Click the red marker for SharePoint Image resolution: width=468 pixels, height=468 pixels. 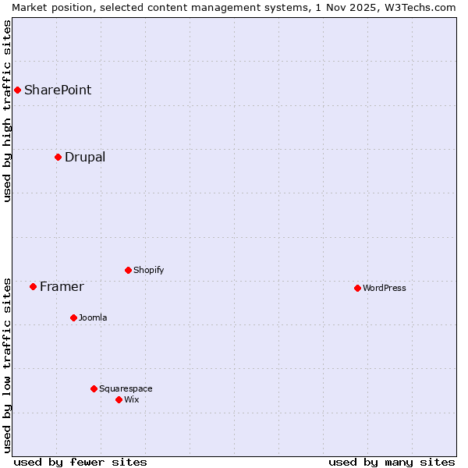[17, 90]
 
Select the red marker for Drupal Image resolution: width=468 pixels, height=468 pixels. [58, 157]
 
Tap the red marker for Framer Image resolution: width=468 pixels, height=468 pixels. [33, 286]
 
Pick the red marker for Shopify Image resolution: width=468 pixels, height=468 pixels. [128, 270]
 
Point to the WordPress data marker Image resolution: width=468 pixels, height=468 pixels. [357, 288]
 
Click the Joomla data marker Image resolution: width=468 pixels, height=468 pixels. [73, 317]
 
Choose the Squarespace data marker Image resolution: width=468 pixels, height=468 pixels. [94, 388]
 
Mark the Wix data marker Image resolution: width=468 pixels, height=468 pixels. [119, 399]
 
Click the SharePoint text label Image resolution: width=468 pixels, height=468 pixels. [58, 90]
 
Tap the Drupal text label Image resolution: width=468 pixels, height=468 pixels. [85, 157]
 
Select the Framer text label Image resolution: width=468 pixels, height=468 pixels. [62, 286]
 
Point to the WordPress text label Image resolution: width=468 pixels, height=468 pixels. [385, 288]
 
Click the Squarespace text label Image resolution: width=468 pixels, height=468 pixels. [126, 388]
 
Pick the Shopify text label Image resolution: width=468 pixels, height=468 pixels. [148, 270]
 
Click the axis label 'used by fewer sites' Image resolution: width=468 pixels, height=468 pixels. [80, 462]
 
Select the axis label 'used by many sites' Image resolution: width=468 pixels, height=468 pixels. [392, 462]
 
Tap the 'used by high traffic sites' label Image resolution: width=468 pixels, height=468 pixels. [7, 111]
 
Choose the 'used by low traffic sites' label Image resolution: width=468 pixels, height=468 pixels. [7, 364]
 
